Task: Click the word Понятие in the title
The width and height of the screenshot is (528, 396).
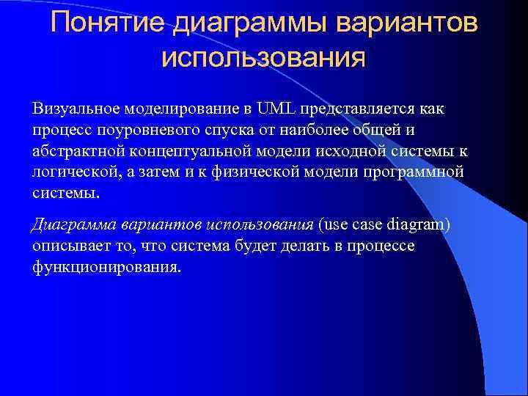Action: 109,23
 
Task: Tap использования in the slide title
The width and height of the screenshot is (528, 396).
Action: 263,56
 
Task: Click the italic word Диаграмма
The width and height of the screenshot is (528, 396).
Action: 68,224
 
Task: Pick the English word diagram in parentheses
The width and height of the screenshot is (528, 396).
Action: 418,224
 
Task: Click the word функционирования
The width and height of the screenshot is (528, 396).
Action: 106,267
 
